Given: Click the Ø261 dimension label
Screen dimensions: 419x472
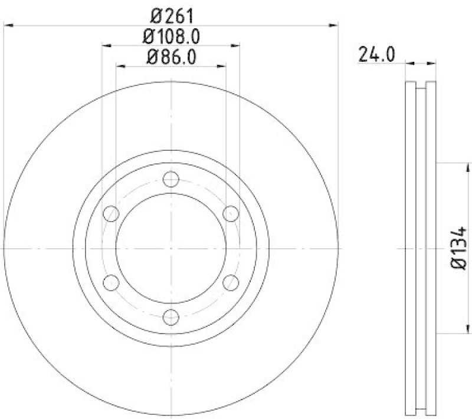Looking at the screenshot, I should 171,14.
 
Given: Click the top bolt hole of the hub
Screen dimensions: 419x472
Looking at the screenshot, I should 171,179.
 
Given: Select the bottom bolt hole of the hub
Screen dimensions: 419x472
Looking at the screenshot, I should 171,317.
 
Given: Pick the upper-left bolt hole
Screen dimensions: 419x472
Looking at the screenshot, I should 111,213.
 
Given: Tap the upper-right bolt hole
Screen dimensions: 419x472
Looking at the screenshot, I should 231,213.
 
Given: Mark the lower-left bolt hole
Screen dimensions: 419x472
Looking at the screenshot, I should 111,283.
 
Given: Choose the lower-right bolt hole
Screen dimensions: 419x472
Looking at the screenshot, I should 231,283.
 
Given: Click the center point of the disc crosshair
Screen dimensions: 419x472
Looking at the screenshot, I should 171,248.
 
